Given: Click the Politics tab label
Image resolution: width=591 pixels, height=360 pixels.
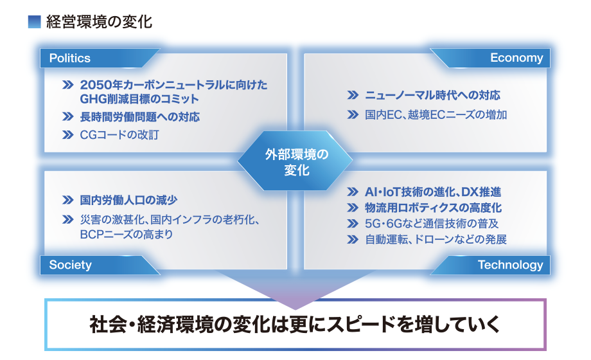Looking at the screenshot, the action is click(x=70, y=58).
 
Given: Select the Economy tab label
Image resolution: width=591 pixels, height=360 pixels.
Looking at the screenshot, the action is click(x=516, y=58).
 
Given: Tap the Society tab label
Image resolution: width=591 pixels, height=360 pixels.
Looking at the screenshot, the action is click(x=71, y=265).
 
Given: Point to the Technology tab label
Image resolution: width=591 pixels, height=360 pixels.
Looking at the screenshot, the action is click(x=510, y=265).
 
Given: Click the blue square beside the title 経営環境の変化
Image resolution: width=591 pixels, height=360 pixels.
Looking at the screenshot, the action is click(x=34, y=21).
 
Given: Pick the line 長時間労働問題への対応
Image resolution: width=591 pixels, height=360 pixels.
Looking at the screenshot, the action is click(x=140, y=117).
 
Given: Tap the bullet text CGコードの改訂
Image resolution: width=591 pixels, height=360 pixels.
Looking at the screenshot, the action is click(x=119, y=135).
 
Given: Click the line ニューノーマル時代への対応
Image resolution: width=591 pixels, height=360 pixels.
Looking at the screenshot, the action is click(x=432, y=95).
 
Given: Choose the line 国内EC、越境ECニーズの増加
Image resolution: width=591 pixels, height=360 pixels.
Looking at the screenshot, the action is click(x=436, y=114).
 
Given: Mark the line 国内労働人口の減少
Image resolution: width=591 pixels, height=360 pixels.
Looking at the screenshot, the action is click(x=128, y=200).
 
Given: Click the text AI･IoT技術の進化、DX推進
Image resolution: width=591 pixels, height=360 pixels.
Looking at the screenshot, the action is click(x=433, y=192).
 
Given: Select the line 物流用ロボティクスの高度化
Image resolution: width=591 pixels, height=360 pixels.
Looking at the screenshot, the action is click(x=433, y=208).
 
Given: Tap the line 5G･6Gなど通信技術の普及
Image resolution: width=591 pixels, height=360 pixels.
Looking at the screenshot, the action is click(x=432, y=224).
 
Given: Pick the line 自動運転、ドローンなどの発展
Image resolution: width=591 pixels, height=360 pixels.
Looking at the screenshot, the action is click(x=436, y=240).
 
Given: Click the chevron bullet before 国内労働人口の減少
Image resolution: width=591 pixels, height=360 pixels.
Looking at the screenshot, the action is click(x=68, y=200).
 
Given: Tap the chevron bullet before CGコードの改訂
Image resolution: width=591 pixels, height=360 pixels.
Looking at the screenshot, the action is click(x=68, y=135).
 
